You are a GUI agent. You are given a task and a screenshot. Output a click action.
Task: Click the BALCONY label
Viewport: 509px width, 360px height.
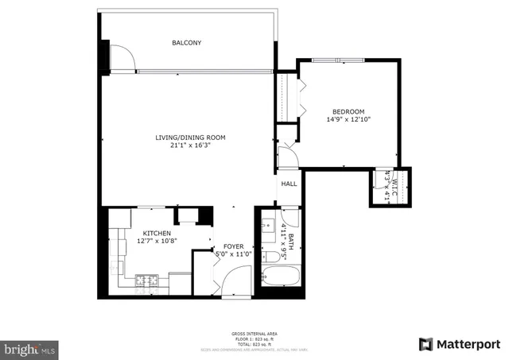coord(187,42)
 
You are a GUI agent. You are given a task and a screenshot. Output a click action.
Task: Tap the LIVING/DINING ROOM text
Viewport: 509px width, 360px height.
coord(190,137)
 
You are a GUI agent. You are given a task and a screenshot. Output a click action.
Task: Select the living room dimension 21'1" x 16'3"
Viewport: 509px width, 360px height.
coord(190,145)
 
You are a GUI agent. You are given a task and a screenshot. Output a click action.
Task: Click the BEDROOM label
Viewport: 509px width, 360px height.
coord(348,111)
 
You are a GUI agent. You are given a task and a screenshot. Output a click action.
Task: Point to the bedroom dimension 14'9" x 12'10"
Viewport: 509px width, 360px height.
coord(348,119)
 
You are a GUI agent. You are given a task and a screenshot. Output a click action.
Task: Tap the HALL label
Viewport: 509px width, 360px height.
coord(289,184)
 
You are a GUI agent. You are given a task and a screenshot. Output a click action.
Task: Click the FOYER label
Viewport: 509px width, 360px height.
coord(233,246)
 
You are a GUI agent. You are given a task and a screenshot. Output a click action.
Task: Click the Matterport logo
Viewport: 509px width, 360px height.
coord(459,344)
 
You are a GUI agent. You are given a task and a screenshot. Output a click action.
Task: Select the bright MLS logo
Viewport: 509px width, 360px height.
coord(29,349)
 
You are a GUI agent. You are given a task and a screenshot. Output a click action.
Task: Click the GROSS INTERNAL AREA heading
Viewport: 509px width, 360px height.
coord(254,333)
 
